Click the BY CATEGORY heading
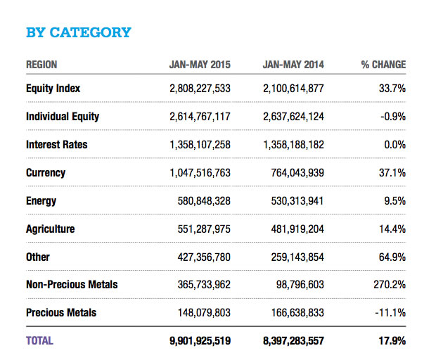click(78, 32)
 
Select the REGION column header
click(41, 65)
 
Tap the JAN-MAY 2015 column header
click(200, 65)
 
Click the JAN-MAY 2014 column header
click(293, 65)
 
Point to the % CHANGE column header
click(383, 65)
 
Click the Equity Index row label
click(53, 89)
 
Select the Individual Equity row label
click(63, 117)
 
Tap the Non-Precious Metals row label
click(72, 285)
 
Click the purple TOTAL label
click(39, 340)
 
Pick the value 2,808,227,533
click(200, 89)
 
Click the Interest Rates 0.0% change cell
click(392, 145)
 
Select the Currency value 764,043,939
click(297, 173)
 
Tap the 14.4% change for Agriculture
click(390, 229)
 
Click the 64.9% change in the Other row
click(390, 257)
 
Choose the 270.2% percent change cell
click(387, 285)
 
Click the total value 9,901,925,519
click(200, 340)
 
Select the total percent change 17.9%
click(390, 340)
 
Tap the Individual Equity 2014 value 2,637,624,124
click(293, 117)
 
